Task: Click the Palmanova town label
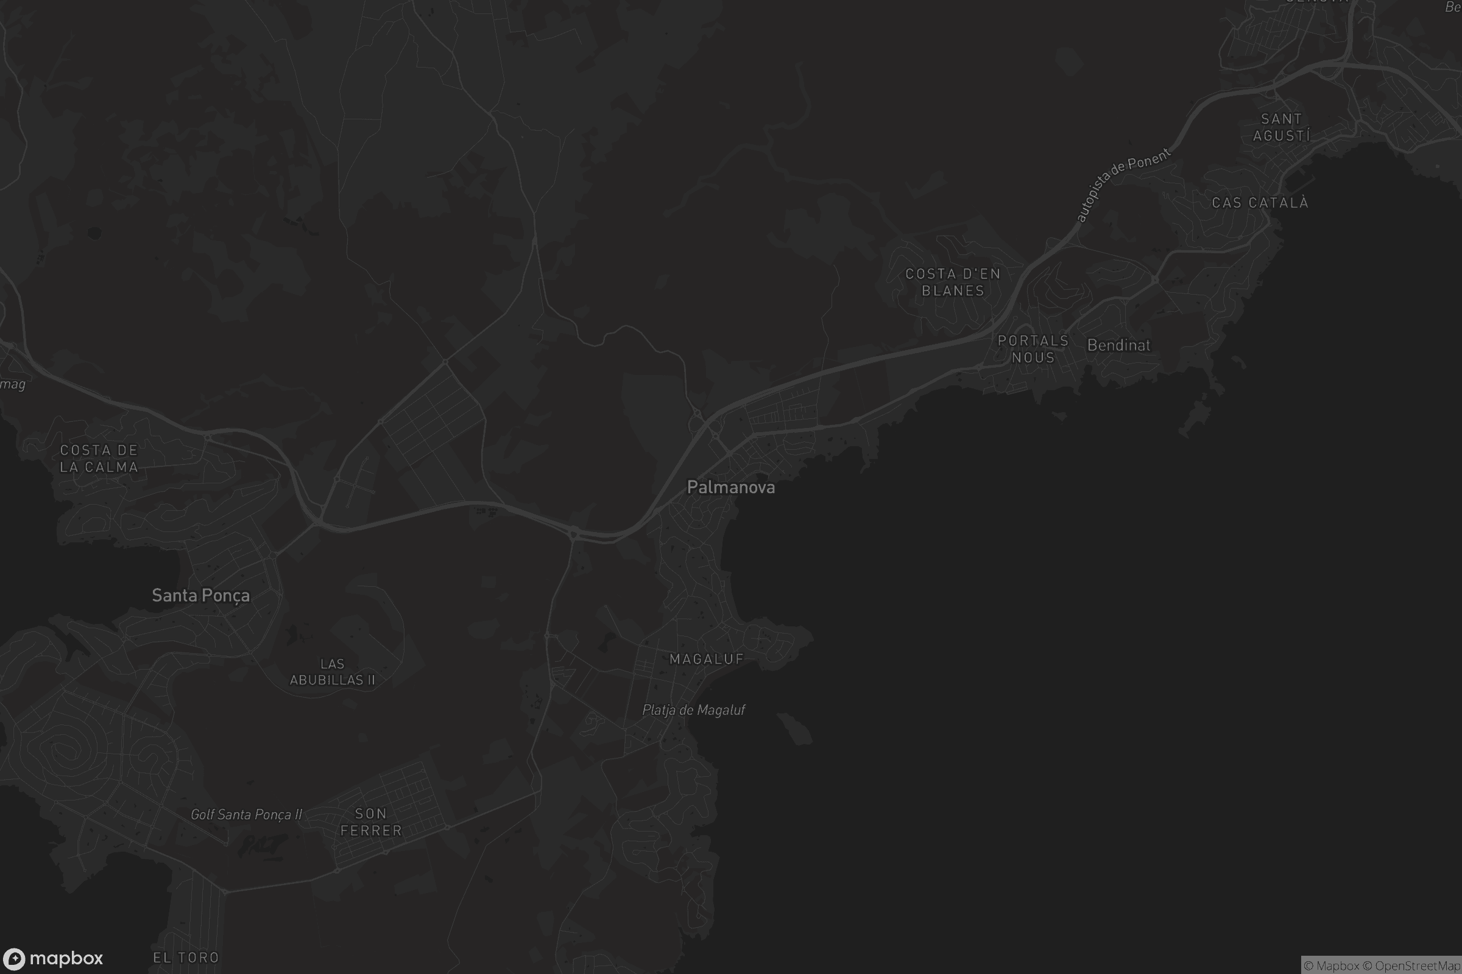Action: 730,488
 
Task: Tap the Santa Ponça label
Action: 201,596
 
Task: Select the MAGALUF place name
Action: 707,659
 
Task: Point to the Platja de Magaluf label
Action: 693,710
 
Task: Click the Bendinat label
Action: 1118,345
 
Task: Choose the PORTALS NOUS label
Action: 1033,349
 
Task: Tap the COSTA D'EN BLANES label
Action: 953,282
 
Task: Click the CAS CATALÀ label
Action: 1260,203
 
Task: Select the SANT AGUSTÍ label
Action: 1281,127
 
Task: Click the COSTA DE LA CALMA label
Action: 99,458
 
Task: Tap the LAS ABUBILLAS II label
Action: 333,672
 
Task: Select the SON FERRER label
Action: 371,822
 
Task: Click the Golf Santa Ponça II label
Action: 246,815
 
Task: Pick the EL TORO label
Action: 186,958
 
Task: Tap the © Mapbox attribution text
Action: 1331,966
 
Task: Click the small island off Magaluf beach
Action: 795,728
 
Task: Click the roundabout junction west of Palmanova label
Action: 573,532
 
